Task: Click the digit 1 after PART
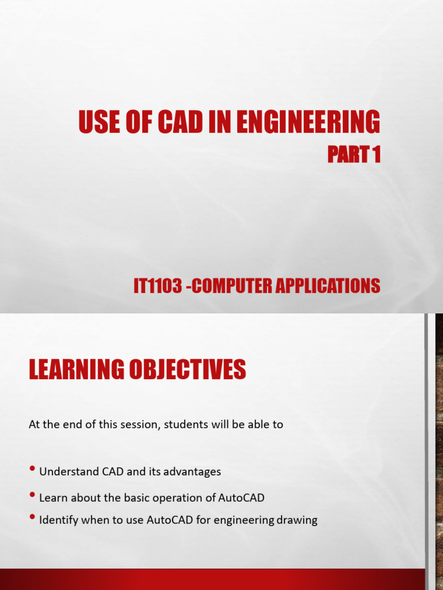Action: pos(376,155)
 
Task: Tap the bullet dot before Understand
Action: pos(33,470)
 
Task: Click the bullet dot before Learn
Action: pos(33,496)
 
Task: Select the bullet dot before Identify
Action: pos(33,519)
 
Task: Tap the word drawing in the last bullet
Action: pos(297,520)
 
